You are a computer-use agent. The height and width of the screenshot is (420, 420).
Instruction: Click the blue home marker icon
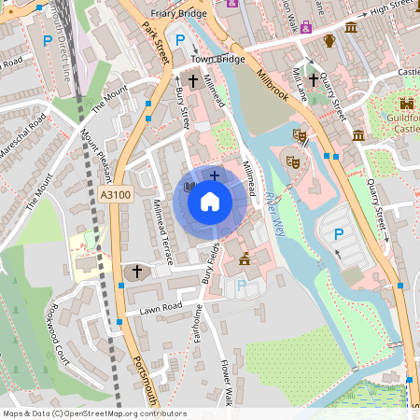click(210, 201)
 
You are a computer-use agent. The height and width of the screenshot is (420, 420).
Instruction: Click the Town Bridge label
click(217, 59)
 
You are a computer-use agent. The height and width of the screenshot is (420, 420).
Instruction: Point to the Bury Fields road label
click(209, 262)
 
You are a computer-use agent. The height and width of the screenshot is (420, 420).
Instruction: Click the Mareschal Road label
click(21, 143)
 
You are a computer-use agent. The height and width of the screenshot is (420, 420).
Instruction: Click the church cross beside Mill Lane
click(314, 81)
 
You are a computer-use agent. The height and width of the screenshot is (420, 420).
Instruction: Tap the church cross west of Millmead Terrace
click(137, 272)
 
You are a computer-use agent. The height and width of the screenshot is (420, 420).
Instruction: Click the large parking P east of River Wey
click(339, 234)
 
